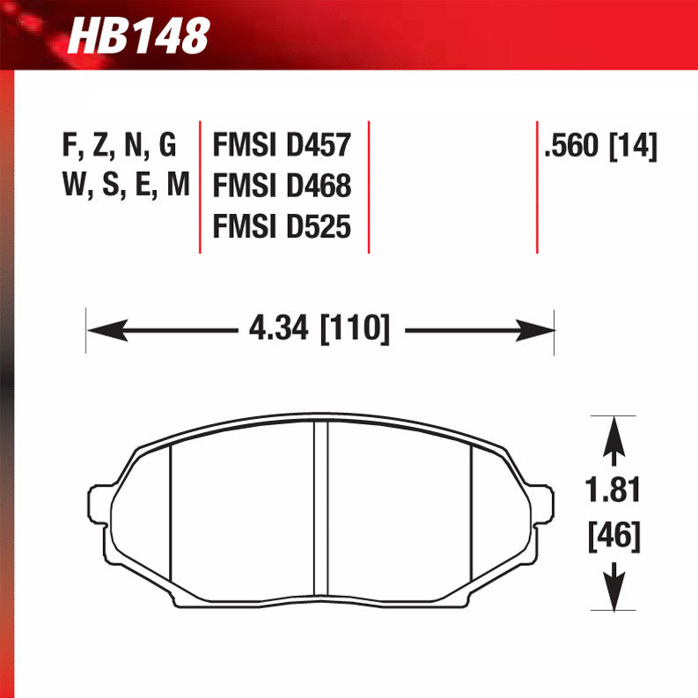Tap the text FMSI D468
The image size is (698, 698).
282,187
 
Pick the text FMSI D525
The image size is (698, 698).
282,228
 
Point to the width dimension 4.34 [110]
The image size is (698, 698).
319,330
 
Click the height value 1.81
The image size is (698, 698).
614,491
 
